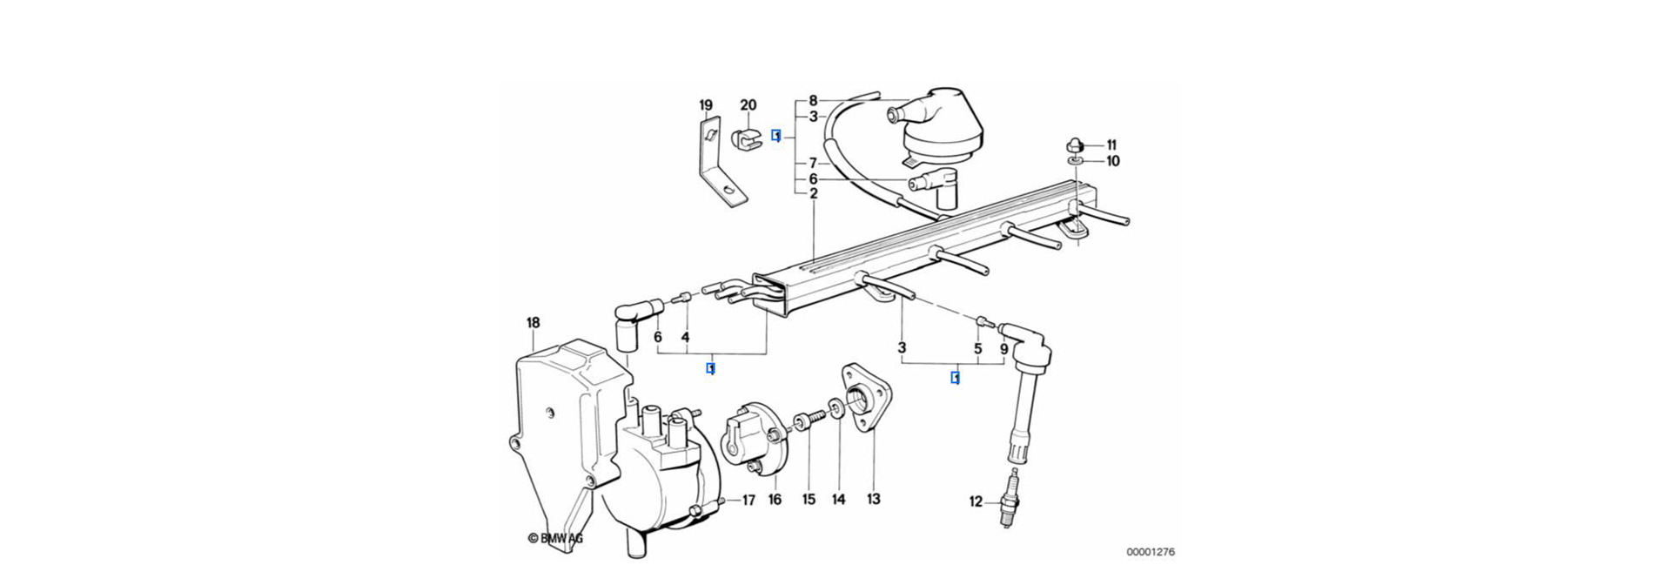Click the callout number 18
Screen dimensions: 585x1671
(533, 323)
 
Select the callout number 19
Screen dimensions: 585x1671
(706, 105)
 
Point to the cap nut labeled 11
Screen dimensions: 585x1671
(1076, 144)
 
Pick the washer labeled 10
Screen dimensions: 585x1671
(1077, 161)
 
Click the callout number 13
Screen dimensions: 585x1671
(873, 499)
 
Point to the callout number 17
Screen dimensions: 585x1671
(748, 501)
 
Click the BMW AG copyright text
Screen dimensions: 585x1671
(555, 539)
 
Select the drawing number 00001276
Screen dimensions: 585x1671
(1151, 552)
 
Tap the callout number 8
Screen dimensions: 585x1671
(813, 100)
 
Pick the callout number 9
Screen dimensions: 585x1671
(1003, 348)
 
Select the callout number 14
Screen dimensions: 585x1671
(838, 499)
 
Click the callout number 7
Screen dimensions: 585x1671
(813, 163)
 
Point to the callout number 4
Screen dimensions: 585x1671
(685, 336)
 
